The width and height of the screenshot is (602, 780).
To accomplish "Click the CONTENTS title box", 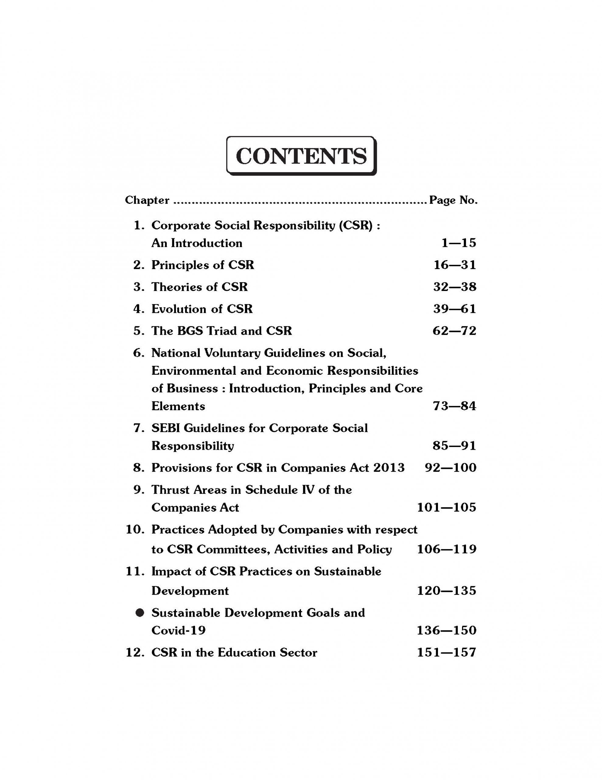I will click(x=301, y=156).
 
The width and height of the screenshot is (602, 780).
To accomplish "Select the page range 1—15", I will click(x=459, y=243).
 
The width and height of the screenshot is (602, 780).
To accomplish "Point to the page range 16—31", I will click(x=455, y=265).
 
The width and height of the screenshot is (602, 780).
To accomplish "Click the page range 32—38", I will click(x=455, y=287).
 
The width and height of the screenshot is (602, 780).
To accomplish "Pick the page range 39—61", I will click(x=455, y=309).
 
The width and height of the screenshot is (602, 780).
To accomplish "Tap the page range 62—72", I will click(x=454, y=331).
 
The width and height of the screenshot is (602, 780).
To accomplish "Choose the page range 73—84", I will click(x=454, y=406).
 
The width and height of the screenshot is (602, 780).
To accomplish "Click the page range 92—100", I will click(x=450, y=468).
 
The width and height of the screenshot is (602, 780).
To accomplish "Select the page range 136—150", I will click(x=446, y=630).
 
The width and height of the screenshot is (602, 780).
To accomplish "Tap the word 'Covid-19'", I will click(x=178, y=631).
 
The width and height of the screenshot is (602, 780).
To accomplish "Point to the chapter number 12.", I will click(x=135, y=653).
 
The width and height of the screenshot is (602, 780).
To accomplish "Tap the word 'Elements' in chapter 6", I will click(x=178, y=406).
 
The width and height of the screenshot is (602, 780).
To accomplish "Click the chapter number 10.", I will click(x=135, y=530).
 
